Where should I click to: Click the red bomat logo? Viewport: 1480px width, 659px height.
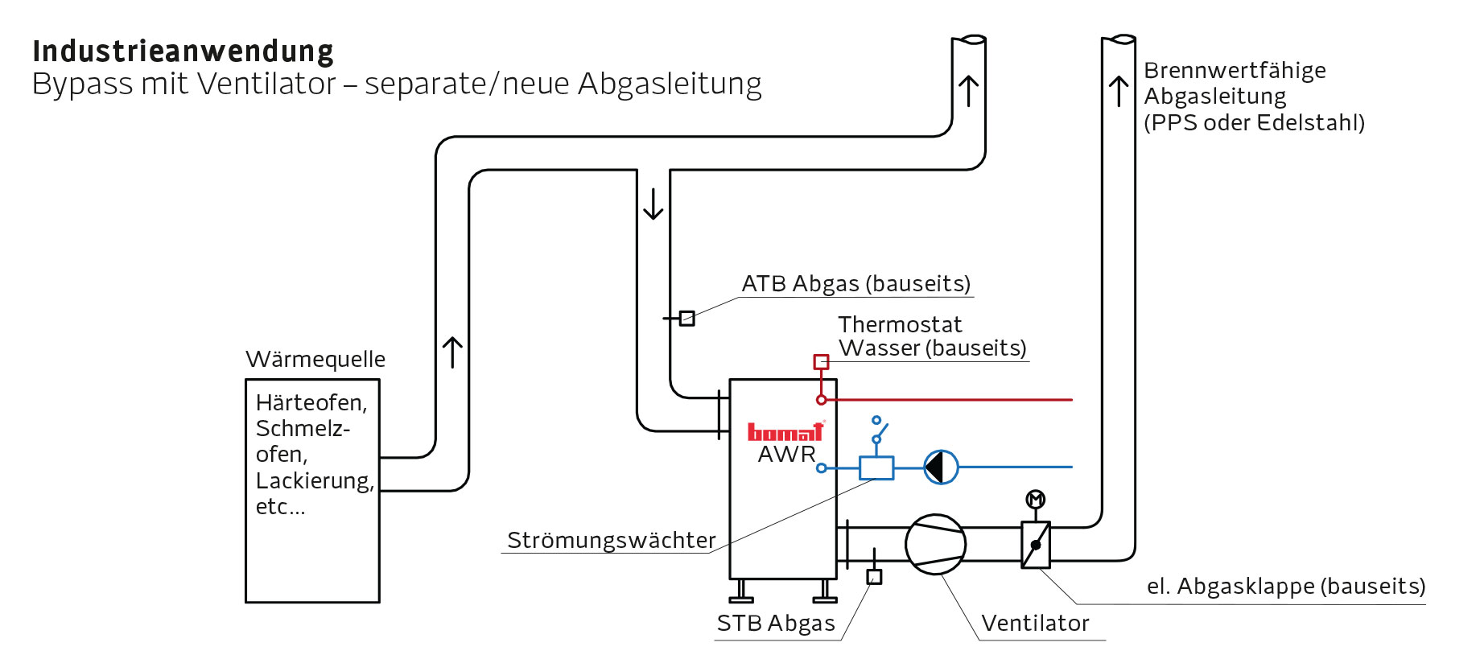785,432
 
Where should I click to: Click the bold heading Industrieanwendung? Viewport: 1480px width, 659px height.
183,51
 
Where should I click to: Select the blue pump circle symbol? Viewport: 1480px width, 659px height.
940,467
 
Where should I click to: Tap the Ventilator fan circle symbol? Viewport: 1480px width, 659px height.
935,545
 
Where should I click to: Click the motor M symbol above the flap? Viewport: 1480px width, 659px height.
1035,500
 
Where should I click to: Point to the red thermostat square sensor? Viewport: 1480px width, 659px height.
821,362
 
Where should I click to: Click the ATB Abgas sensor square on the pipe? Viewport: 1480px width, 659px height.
686,319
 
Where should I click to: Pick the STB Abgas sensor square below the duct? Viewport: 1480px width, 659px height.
874,577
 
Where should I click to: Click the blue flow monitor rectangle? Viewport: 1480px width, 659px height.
876,467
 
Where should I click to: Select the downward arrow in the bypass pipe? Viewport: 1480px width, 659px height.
653,204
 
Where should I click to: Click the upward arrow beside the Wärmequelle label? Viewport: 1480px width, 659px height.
452,352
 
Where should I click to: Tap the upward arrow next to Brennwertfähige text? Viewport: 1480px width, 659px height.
1118,91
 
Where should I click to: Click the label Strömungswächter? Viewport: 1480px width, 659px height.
611,540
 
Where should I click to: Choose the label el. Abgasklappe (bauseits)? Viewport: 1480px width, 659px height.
1285,586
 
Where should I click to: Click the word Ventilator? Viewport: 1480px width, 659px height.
1035,623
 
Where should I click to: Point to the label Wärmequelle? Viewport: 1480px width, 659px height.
315,359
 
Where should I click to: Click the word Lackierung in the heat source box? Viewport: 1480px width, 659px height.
314,480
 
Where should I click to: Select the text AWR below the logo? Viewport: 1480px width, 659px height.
786,455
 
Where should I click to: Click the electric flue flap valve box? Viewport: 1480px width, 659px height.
1035,545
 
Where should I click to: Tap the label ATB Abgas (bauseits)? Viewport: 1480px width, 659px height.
855,283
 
